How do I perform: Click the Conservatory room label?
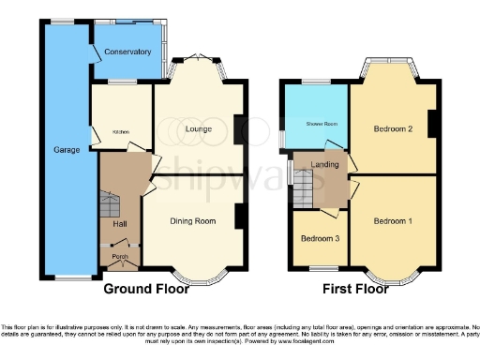pyautogui.click(x=127, y=52)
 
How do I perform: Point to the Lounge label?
pyautogui.click(x=197, y=127)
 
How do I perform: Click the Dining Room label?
pyautogui.click(x=192, y=221)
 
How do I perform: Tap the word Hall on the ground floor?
pyautogui.click(x=118, y=225)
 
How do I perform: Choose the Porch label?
pyautogui.click(x=119, y=256)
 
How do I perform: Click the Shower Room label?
pyautogui.click(x=315, y=123)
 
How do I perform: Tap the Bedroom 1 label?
pyautogui.click(x=392, y=221)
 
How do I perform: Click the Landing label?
pyautogui.click(x=323, y=165)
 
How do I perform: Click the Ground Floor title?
pyautogui.click(x=145, y=289)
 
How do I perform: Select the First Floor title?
pyautogui.click(x=355, y=289)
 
